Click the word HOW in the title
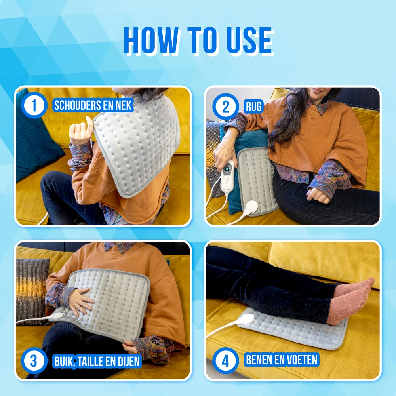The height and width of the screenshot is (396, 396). (x=151, y=40)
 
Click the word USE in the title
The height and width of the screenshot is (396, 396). (x=249, y=40)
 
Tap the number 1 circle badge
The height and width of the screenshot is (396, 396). (x=34, y=105)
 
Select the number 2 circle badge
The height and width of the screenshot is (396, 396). (x=226, y=106)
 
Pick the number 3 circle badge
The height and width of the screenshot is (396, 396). (x=34, y=361)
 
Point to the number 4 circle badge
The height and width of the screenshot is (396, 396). (x=226, y=361)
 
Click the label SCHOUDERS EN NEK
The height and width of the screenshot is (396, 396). (x=93, y=105)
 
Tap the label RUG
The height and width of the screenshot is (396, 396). (x=253, y=106)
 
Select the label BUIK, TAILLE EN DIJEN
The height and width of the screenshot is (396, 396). (x=97, y=361)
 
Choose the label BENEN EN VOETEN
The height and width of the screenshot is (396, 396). (x=281, y=360)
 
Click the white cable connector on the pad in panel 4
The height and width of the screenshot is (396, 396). (x=245, y=319)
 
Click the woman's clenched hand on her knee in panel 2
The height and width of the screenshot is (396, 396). (x=318, y=195)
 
